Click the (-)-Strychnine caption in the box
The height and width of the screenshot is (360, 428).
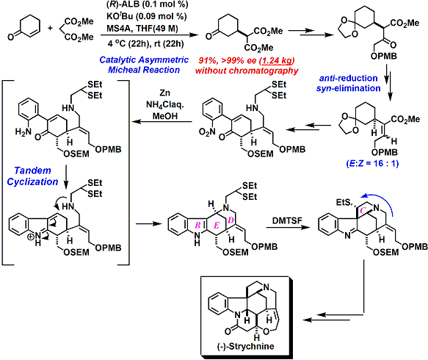coord(246,346)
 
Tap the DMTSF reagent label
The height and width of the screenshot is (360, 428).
coord(287,220)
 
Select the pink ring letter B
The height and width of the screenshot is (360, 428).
coord(197,225)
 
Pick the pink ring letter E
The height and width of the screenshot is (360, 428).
coord(217,225)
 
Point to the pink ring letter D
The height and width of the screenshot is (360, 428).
coord(231,220)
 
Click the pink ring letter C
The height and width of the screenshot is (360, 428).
coord(363,211)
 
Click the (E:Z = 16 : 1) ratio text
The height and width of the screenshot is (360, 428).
coord(372,163)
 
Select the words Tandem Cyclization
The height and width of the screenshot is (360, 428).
coord(32,176)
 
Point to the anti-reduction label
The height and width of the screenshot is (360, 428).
coord(348,78)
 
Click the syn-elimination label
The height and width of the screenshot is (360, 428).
coord(348,88)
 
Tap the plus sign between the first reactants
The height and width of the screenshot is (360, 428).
coord(50,28)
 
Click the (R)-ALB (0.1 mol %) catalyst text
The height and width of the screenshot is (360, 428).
coord(147,4)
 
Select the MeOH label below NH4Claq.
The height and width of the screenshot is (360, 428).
coord(165,116)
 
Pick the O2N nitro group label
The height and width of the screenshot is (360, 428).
coord(207,132)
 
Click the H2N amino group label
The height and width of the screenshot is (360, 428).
coord(23,132)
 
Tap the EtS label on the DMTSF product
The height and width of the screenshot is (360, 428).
coord(345,202)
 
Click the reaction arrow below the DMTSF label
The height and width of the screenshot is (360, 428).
coord(288,227)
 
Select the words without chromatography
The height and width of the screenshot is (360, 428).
coord(247,71)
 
